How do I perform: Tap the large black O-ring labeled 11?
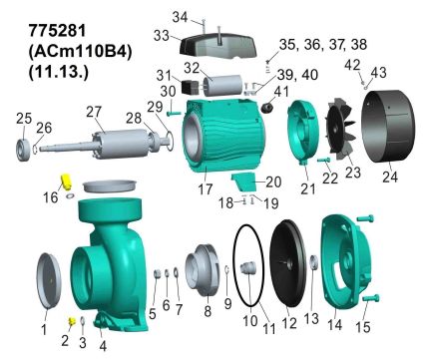coord(248,265)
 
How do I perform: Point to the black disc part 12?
coord(287,262)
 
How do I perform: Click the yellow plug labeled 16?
coord(67,180)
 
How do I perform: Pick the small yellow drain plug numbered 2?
coord(72,321)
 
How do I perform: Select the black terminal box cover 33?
coord(217,46)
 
